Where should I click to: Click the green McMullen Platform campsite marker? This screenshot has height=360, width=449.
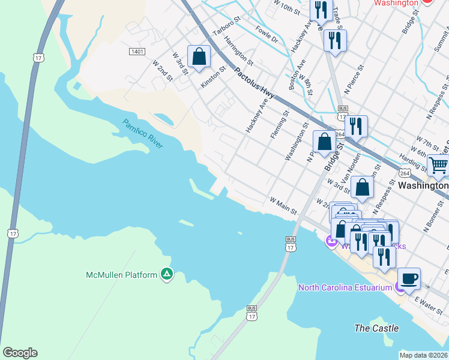pyautogui.click(x=167, y=275)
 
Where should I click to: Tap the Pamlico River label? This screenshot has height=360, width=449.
pyautogui.click(x=143, y=134)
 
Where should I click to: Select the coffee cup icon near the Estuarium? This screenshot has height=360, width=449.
pyautogui.click(x=409, y=279)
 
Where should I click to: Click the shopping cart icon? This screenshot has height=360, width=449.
pyautogui.click(x=438, y=164)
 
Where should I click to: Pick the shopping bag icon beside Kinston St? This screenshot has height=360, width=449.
pyautogui.click(x=199, y=56)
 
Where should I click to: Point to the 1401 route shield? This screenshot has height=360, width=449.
pyautogui.click(x=137, y=52)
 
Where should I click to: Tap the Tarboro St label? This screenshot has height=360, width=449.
pyautogui.click(x=226, y=27)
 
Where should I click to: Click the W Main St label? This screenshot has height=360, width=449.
pyautogui.click(x=283, y=205)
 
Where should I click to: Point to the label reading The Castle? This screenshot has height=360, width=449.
pyautogui.click(x=376, y=328)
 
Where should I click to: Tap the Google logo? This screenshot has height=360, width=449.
pyautogui.click(x=20, y=353)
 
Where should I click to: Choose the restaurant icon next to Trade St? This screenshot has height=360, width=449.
pyautogui.click(x=333, y=41)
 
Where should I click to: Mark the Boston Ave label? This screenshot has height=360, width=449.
pyautogui.click(x=298, y=74)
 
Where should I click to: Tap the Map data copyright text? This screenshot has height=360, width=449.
pyautogui.click(x=423, y=355)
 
